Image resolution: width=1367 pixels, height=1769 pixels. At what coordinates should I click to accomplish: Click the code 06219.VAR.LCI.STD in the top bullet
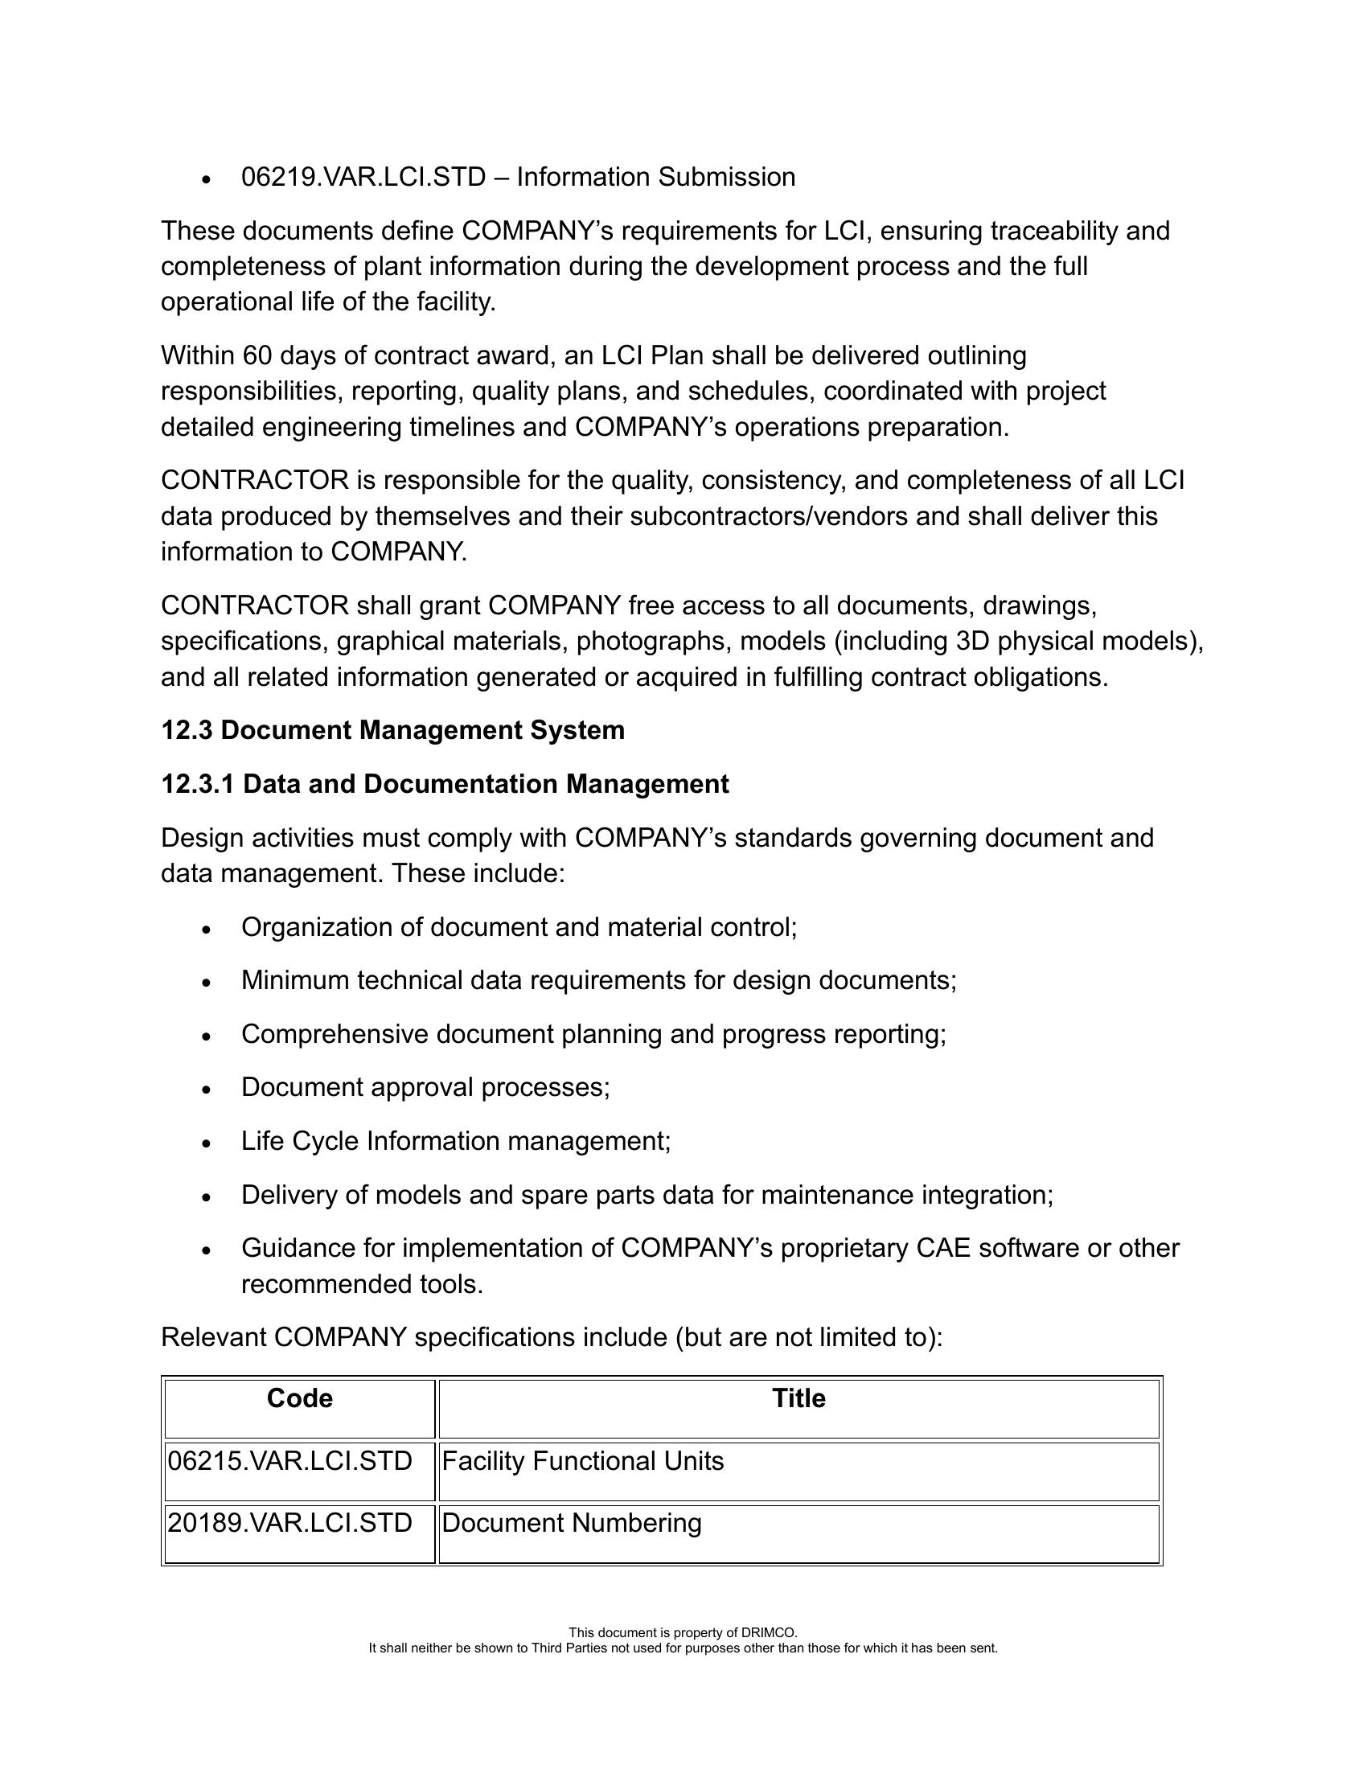tap(363, 177)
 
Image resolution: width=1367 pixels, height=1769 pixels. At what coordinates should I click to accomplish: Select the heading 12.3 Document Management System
tap(392, 730)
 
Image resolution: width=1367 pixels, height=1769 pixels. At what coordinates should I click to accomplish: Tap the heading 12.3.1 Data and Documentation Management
tap(445, 784)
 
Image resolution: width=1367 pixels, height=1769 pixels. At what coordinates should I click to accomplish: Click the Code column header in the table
tap(300, 1399)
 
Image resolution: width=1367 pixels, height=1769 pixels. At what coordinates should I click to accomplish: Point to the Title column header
tap(798, 1399)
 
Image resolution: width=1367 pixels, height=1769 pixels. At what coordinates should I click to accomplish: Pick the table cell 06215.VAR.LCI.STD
tap(290, 1461)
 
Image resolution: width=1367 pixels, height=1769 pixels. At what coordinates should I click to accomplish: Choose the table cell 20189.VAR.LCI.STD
tap(290, 1524)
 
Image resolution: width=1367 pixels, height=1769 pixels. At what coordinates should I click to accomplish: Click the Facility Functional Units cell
tap(583, 1461)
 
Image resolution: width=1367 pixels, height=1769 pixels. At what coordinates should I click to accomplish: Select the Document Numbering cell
tap(572, 1524)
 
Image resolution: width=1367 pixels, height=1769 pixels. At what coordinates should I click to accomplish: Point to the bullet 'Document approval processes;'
tap(425, 1087)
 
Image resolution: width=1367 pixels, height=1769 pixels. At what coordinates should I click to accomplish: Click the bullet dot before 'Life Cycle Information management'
tap(207, 1143)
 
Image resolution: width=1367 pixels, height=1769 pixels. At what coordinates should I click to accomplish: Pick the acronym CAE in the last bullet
tap(943, 1248)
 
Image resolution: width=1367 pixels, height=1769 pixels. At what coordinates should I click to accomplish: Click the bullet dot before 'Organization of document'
tap(207, 929)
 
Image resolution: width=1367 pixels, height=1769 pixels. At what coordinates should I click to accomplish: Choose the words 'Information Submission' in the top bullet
tap(656, 177)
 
